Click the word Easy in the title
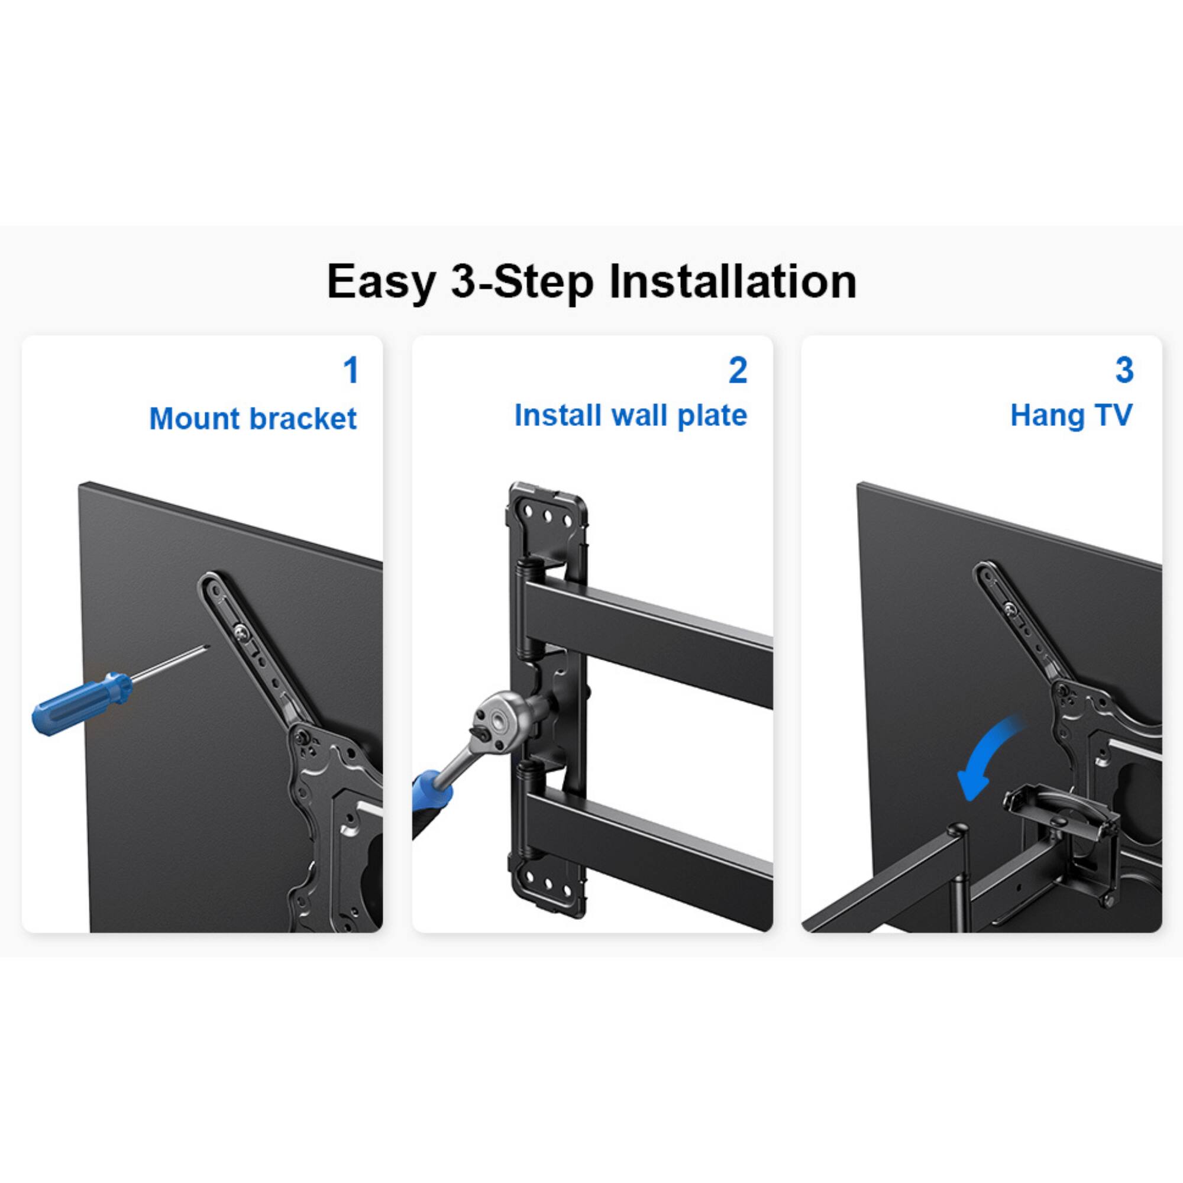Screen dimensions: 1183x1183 pos(380,282)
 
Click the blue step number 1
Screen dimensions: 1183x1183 pos(351,370)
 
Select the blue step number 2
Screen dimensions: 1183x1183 pos(738,370)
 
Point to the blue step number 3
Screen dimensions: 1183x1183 pos(1124,370)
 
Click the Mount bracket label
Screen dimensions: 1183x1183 pos(253,419)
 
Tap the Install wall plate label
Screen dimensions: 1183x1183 pos(631,415)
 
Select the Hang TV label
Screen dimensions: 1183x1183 pos(1071,415)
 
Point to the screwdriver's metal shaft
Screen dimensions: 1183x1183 pos(172,662)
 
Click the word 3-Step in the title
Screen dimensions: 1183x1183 pos(522,282)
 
